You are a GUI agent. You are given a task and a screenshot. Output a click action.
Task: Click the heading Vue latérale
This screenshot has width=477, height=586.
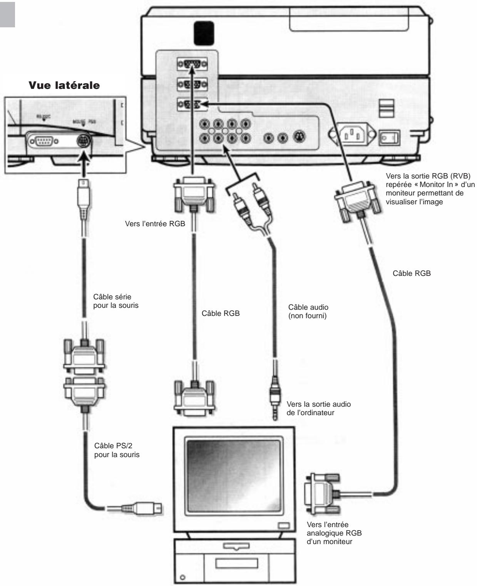pyautogui.click(x=64, y=85)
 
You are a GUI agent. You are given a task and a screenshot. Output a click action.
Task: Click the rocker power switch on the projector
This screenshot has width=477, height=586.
pyautogui.click(x=389, y=138)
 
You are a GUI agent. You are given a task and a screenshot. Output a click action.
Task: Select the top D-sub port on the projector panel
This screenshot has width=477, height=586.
pyautogui.click(x=192, y=63)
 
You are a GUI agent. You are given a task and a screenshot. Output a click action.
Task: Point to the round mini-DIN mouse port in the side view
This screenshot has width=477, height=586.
pyautogui.click(x=83, y=141)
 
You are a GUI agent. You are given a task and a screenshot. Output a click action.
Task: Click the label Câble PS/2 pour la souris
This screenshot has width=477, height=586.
pyautogui.click(x=117, y=450)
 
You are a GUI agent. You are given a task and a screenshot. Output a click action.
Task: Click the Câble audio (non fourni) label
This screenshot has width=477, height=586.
pyautogui.click(x=308, y=312)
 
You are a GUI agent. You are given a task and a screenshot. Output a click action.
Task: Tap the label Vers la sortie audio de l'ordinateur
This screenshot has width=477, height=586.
pyautogui.click(x=318, y=409)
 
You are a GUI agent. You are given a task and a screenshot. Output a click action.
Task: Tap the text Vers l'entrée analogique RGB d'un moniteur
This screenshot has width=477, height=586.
pyautogui.click(x=334, y=533)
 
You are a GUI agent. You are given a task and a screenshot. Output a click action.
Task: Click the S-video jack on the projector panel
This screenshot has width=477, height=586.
pyautogui.click(x=299, y=137)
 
